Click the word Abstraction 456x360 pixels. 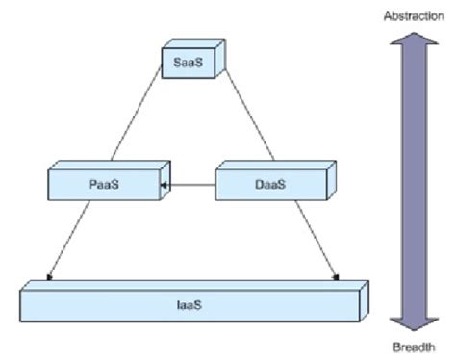tap(413, 16)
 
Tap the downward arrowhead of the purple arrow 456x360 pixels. tap(413, 321)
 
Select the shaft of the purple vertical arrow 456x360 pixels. tap(413, 183)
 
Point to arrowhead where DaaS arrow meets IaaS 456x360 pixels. tap(336, 280)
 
